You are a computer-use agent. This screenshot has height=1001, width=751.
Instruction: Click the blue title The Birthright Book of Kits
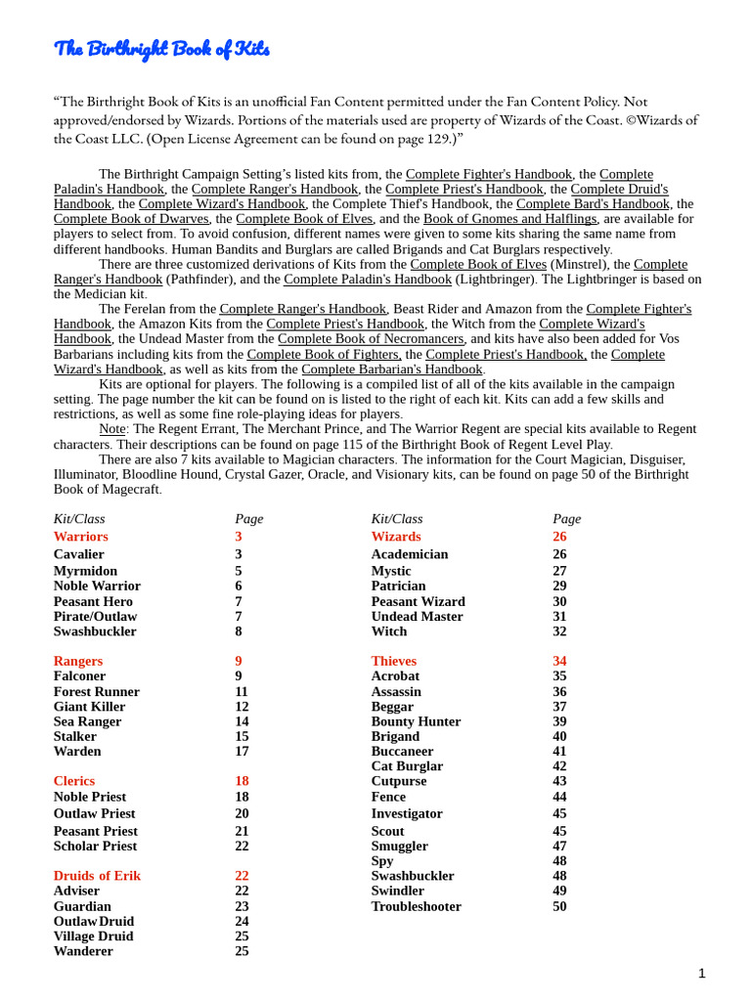point(161,49)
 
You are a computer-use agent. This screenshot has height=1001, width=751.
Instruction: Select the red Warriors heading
point(80,537)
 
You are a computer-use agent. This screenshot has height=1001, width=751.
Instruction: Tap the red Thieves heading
point(393,662)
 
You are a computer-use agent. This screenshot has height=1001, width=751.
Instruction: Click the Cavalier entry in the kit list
point(78,554)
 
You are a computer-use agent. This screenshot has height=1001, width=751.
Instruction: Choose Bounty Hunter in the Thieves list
point(416,722)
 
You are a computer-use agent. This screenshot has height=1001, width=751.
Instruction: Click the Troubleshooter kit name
point(416,907)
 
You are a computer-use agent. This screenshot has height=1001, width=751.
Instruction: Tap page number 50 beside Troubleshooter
point(559,907)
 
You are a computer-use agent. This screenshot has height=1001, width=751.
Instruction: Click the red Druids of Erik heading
point(97,876)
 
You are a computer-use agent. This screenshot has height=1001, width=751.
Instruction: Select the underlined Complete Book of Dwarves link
point(131,219)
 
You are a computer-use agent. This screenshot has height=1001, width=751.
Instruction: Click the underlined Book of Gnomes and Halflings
point(509,219)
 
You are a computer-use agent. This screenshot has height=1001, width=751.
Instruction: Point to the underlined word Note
point(111,429)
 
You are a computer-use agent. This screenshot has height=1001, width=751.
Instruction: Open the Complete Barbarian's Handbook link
point(392,370)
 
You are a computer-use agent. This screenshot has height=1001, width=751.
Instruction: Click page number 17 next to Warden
point(242,752)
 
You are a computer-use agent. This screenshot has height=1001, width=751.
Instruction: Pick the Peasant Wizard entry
point(418,602)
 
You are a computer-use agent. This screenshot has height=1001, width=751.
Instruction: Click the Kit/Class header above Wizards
point(397,519)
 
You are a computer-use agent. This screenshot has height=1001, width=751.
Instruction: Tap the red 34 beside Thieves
point(559,662)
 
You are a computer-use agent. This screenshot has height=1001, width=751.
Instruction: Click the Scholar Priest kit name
point(95,847)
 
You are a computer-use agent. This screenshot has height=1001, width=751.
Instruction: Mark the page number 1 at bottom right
point(701,973)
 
